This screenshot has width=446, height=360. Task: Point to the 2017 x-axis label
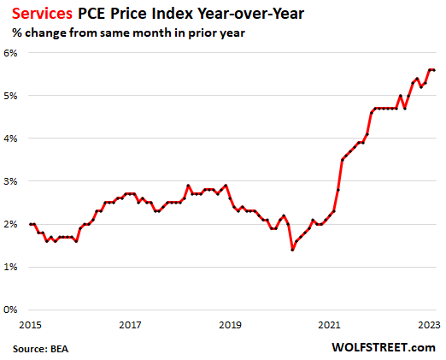[x=130, y=325]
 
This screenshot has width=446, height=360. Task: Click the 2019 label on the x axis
[x=231, y=325]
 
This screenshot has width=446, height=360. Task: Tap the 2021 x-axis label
[x=332, y=325]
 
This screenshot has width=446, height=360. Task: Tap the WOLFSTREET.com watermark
[x=387, y=347]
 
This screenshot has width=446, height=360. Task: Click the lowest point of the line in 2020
[x=292, y=250]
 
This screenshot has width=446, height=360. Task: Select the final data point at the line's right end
[x=434, y=70]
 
